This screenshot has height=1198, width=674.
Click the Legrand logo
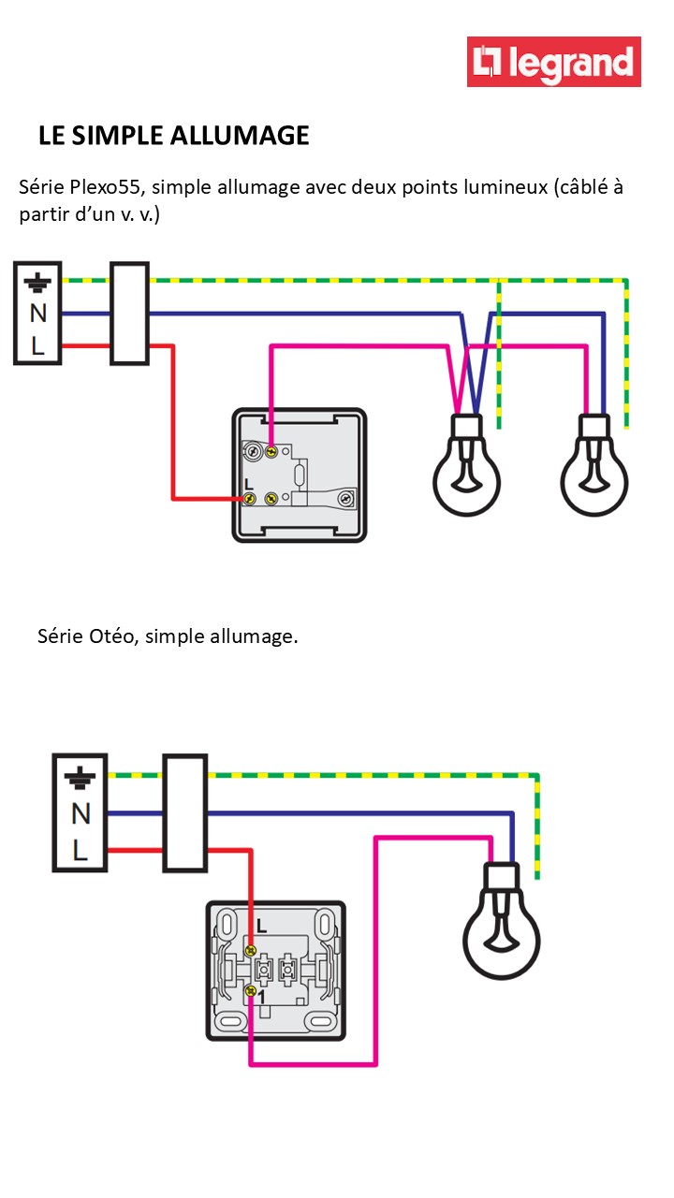[x=554, y=62]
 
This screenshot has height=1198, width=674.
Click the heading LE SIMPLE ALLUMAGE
[x=173, y=136]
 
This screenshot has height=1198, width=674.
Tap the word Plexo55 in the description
[x=104, y=186]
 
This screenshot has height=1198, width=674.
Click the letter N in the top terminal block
[x=37, y=314]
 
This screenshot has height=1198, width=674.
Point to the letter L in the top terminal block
[x=37, y=345]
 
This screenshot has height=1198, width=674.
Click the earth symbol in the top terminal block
[x=37, y=281]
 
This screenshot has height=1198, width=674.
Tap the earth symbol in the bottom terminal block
[x=80, y=777]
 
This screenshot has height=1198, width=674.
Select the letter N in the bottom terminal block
[x=80, y=813]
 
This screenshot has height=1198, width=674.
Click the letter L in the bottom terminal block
[x=80, y=851]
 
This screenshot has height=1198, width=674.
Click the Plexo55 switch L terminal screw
[x=250, y=498]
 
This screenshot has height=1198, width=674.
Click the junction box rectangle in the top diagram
[x=129, y=314]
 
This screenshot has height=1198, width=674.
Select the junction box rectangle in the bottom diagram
[x=184, y=813]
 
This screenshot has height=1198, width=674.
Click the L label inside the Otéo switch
[x=260, y=928]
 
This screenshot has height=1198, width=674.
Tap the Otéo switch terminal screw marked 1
[x=250, y=990]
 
